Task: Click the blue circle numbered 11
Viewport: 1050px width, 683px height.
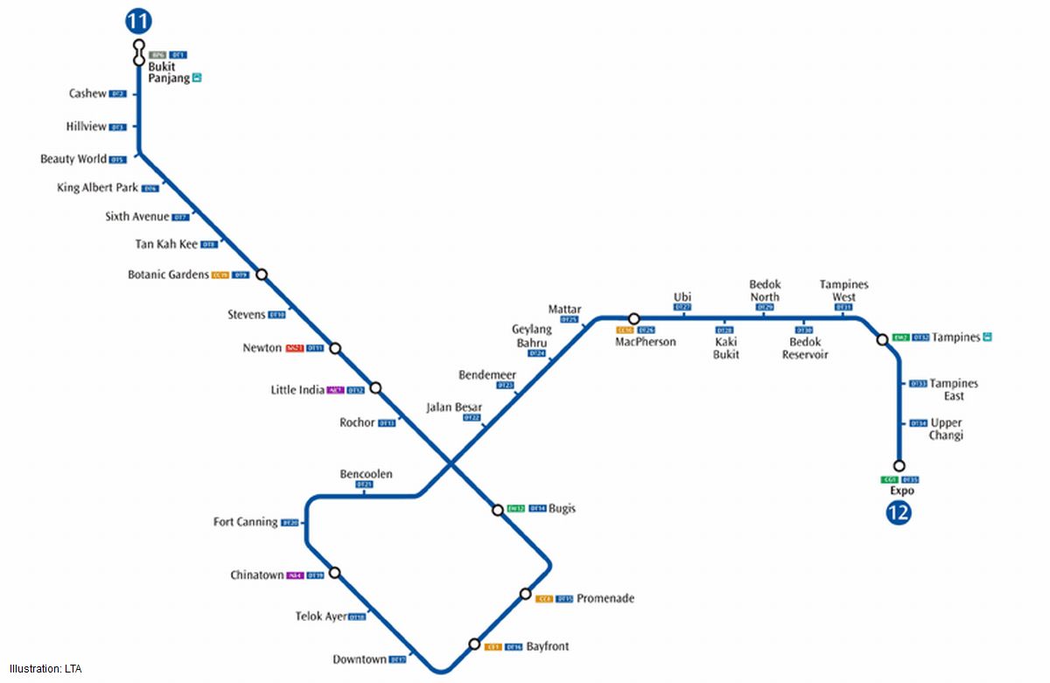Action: (x=138, y=21)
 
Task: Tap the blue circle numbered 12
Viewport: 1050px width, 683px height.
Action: (x=898, y=512)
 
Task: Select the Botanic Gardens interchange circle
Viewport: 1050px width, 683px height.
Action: (x=261, y=275)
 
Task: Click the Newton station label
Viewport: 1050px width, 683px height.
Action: (x=262, y=348)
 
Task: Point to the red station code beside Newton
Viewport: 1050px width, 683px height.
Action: (x=295, y=348)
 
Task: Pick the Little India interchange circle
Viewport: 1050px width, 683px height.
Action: (x=376, y=387)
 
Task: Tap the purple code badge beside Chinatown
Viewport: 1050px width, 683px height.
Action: (x=295, y=575)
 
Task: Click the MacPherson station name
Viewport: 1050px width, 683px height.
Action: (x=645, y=342)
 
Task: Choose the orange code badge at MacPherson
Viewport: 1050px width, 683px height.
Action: (x=625, y=331)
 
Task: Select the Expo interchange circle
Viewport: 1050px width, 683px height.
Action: (x=898, y=466)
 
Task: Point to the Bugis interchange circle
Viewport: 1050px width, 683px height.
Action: (x=498, y=510)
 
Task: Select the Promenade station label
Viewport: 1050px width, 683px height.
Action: (x=605, y=599)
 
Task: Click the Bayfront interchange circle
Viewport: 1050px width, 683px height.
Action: (x=474, y=645)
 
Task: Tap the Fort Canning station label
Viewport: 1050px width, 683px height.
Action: (x=245, y=522)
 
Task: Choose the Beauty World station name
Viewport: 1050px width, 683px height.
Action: (x=73, y=159)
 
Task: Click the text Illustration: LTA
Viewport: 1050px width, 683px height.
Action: (x=45, y=669)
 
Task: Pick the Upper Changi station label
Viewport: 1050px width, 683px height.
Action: (x=946, y=429)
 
